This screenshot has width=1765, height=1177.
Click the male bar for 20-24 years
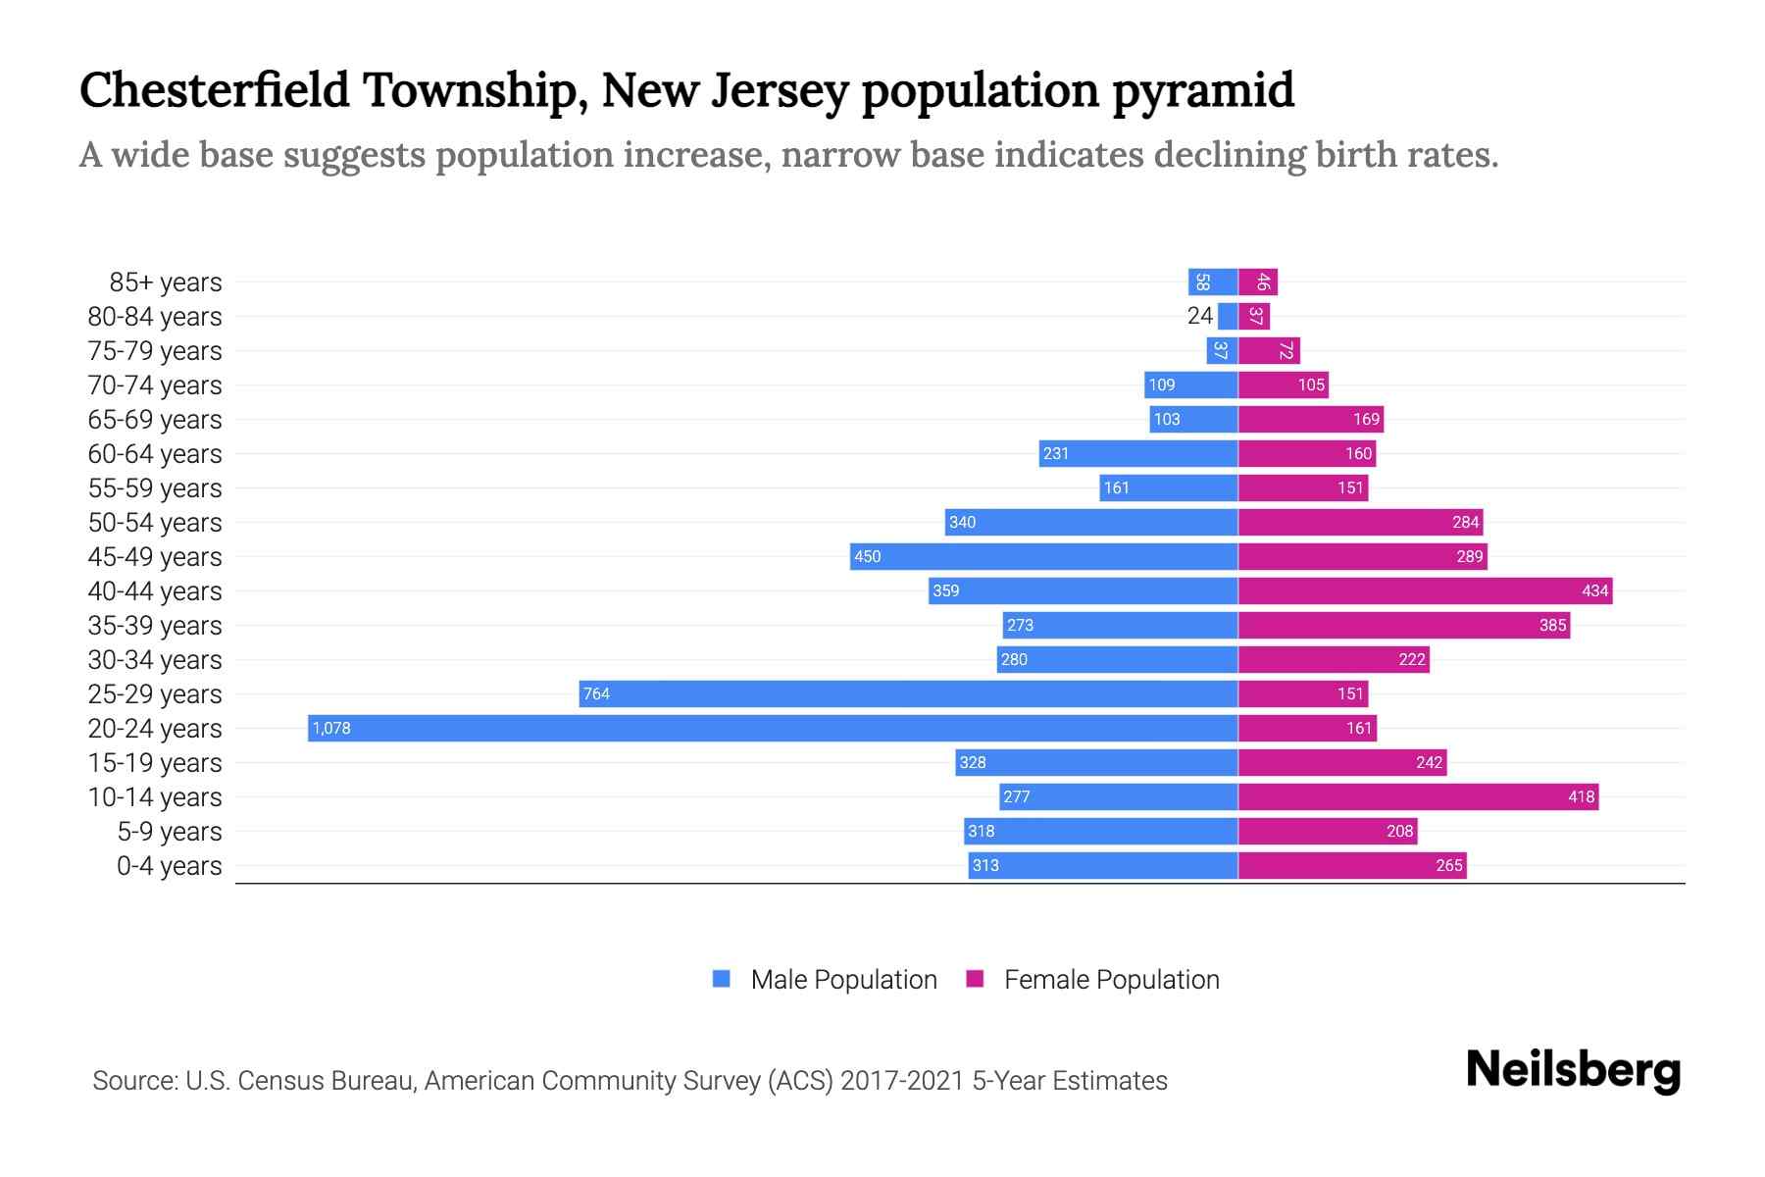pyautogui.click(x=773, y=728)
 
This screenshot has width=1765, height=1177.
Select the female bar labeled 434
pyautogui.click(x=1425, y=590)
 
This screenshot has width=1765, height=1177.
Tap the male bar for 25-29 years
pyautogui.click(x=908, y=693)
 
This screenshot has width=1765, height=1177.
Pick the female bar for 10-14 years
pyautogui.click(x=1418, y=796)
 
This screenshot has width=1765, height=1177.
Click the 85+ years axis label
pyautogui.click(x=165, y=282)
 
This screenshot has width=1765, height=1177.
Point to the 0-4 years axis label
pyautogui.click(x=169, y=866)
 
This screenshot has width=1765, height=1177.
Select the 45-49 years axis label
pyautogui.click(x=155, y=557)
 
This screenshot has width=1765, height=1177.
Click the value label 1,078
pyautogui.click(x=331, y=728)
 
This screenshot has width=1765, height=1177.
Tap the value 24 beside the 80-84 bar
pyautogui.click(x=1199, y=316)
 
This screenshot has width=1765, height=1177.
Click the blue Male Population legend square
pyautogui.click(x=722, y=979)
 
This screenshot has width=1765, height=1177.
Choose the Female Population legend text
pyautogui.click(x=1111, y=980)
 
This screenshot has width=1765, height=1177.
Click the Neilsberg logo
pyautogui.click(x=1573, y=1070)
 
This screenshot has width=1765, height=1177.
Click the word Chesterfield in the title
pyautogui.click(x=214, y=90)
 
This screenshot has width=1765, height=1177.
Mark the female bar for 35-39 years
pyautogui.click(x=1403, y=625)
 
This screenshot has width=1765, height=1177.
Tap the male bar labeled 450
pyautogui.click(x=1043, y=556)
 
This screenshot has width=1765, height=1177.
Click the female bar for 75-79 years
pyautogui.click(x=1269, y=350)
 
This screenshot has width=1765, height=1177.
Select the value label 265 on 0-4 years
pyautogui.click(x=1448, y=865)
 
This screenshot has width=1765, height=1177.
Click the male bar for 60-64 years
pyautogui.click(x=1138, y=453)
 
